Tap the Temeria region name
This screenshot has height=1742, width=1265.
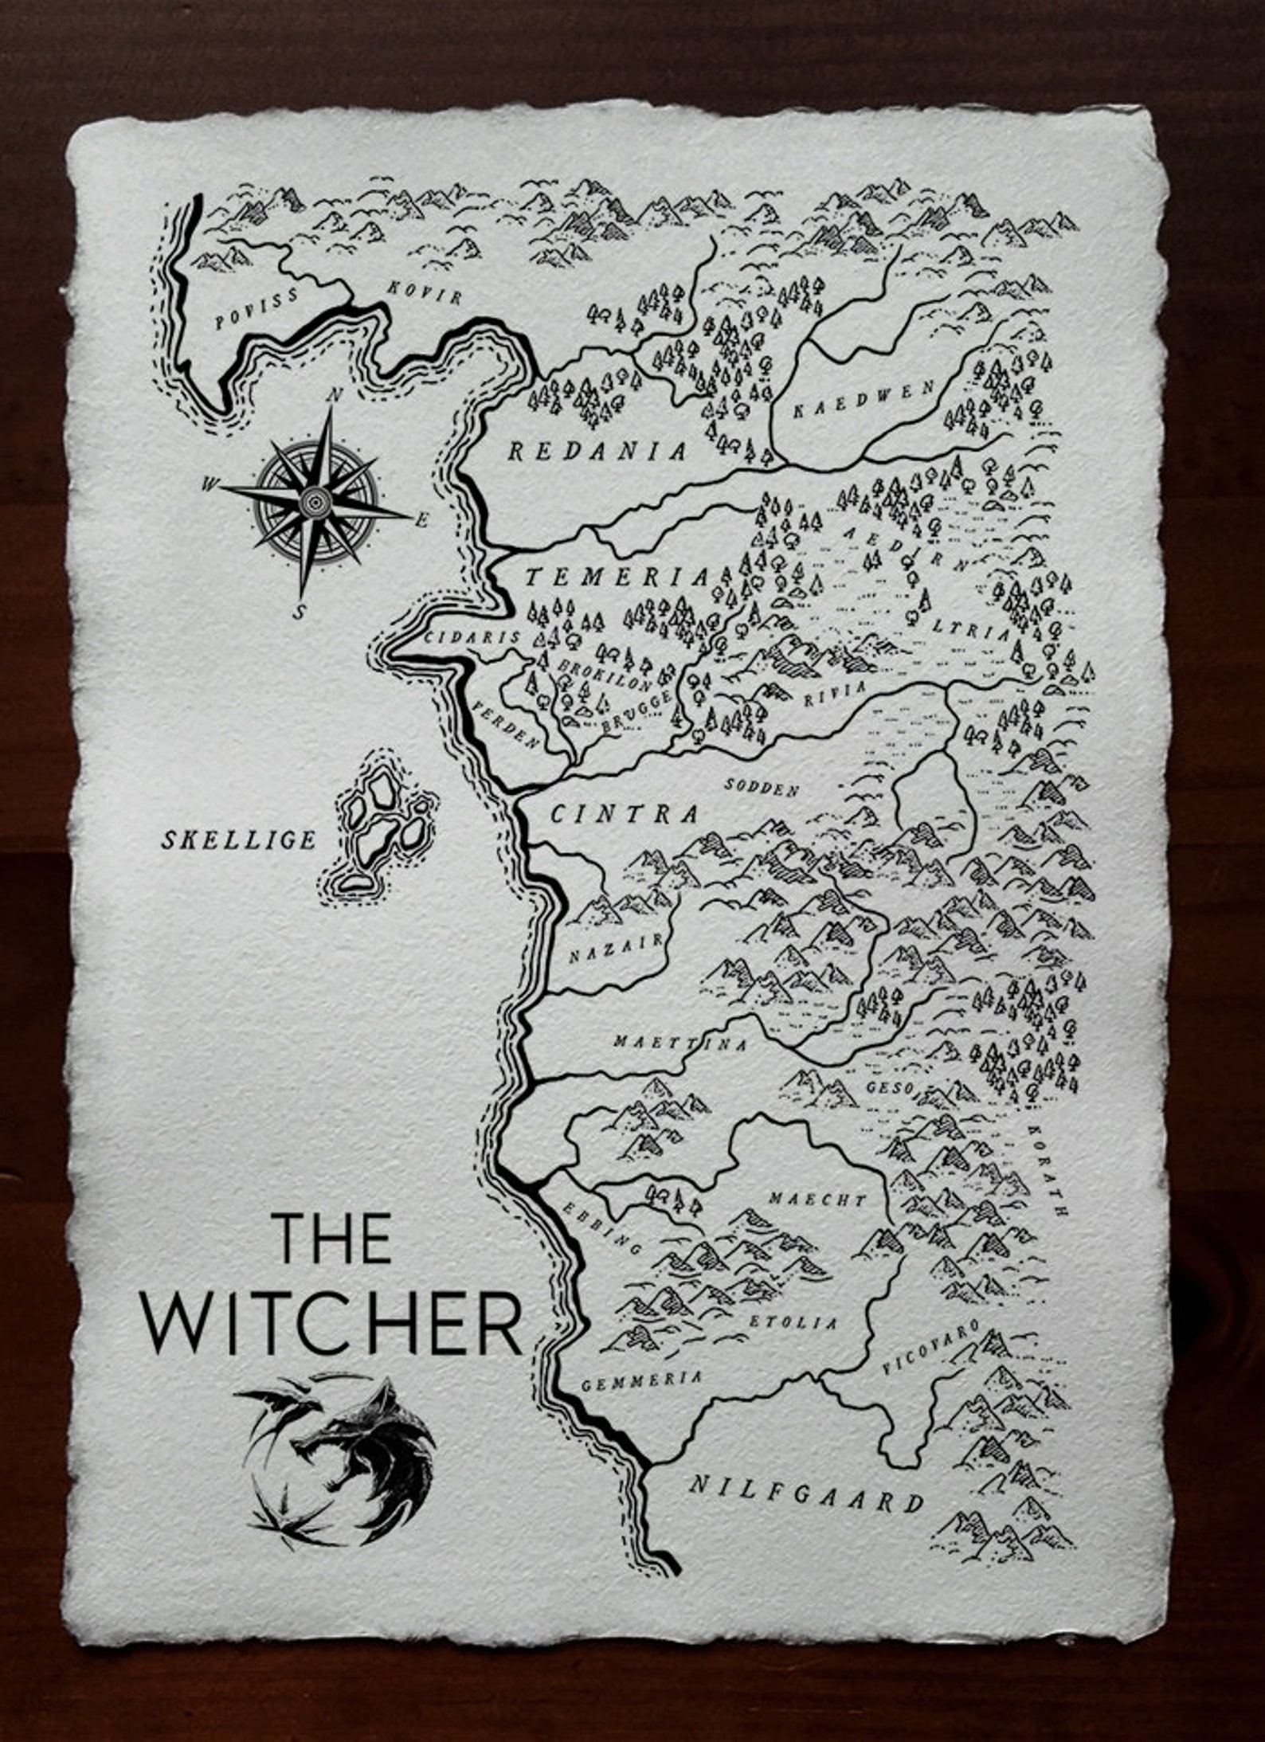pyautogui.click(x=616, y=576)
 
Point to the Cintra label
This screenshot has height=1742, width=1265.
pyautogui.click(x=625, y=814)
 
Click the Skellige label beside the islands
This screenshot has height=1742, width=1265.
pyautogui.click(x=239, y=840)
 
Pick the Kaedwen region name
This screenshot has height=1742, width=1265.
pyautogui.click(x=864, y=400)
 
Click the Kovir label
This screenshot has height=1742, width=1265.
pyautogui.click(x=425, y=293)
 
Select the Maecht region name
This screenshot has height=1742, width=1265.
pyautogui.click(x=817, y=1200)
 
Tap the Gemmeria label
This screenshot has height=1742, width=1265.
pyautogui.click(x=642, y=1381)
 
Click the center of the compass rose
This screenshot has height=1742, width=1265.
pyautogui.click(x=316, y=502)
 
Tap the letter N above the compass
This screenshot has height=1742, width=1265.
pyautogui.click(x=337, y=395)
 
